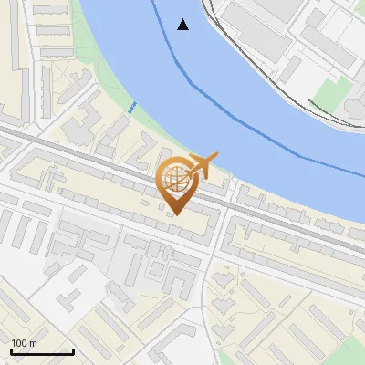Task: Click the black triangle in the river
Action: coord(183,25)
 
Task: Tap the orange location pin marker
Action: coord(177,182)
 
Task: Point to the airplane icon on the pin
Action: coord(203,165)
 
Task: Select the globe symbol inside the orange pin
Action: coord(176,175)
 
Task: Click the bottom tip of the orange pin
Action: coord(177,215)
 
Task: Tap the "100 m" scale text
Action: coord(24,343)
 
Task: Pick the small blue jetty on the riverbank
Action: coord(132,108)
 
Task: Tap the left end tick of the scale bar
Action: coord(11,351)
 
